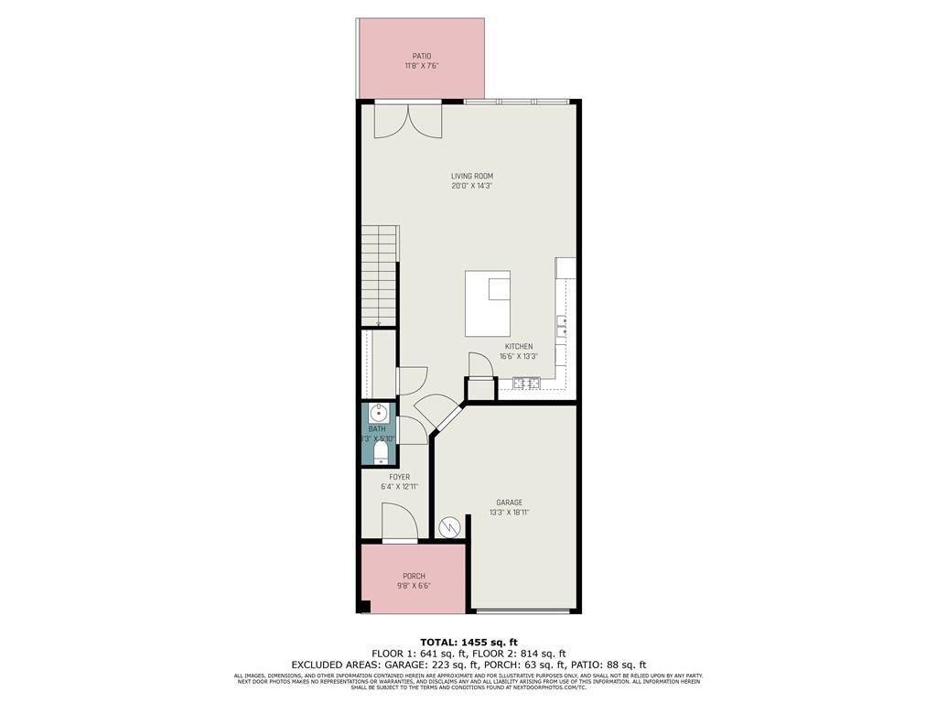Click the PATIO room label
tap(421, 56)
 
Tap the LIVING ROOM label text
tap(472, 176)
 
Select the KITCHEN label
tap(518, 347)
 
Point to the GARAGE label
tap(510, 503)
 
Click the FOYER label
tap(399, 477)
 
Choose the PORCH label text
tap(414, 576)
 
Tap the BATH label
tap(377, 428)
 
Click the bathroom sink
tap(378, 413)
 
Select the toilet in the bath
tap(381, 453)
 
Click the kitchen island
tap(488, 304)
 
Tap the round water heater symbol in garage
tap(449, 527)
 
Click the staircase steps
tap(378, 275)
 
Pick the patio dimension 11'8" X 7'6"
tap(421, 66)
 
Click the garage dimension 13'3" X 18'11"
tap(510, 513)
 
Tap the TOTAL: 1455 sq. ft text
tap(468, 641)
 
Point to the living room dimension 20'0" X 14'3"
tap(472, 186)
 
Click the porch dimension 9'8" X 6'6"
tap(414, 586)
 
